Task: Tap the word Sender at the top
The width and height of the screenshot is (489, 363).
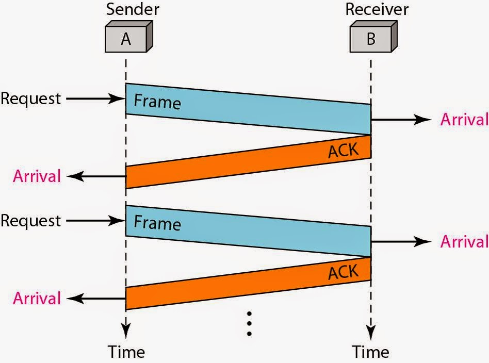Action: tap(132, 9)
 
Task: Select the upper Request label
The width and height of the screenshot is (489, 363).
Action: tap(30, 98)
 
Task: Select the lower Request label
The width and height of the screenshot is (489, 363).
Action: tap(30, 221)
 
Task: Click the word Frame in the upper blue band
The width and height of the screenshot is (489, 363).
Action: tap(157, 101)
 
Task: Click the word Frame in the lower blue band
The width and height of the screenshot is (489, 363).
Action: tap(157, 223)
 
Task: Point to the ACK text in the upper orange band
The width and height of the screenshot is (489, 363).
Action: tap(343, 150)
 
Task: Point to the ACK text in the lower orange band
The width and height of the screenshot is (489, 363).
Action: tap(343, 272)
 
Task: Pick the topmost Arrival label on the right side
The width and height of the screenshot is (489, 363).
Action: tap(464, 120)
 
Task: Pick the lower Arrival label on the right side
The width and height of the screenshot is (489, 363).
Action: tap(464, 241)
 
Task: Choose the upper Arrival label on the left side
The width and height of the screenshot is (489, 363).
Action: tap(37, 176)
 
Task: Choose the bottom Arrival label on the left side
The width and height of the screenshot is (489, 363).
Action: tap(37, 298)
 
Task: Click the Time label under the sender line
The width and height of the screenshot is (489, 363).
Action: tap(126, 352)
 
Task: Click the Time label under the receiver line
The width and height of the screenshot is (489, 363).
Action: tap(371, 352)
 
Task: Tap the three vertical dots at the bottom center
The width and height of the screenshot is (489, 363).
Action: tap(249, 323)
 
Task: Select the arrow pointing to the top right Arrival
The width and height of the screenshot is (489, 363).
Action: tap(401, 120)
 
